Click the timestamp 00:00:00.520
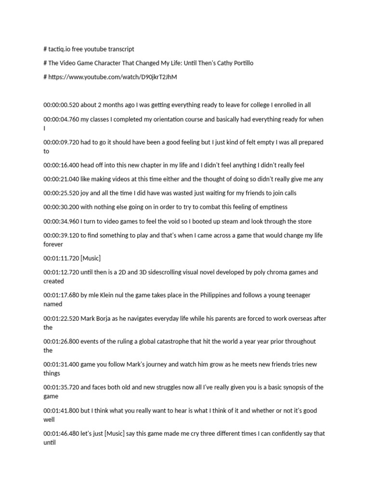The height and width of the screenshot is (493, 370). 61,104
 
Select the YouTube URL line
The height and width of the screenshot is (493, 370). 110,77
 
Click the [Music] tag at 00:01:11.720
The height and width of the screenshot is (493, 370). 91,259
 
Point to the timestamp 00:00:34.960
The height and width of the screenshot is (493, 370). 61,221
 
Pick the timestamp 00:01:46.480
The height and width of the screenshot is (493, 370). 61,433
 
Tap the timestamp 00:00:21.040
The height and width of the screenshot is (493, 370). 61,179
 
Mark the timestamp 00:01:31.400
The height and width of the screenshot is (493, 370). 61,364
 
